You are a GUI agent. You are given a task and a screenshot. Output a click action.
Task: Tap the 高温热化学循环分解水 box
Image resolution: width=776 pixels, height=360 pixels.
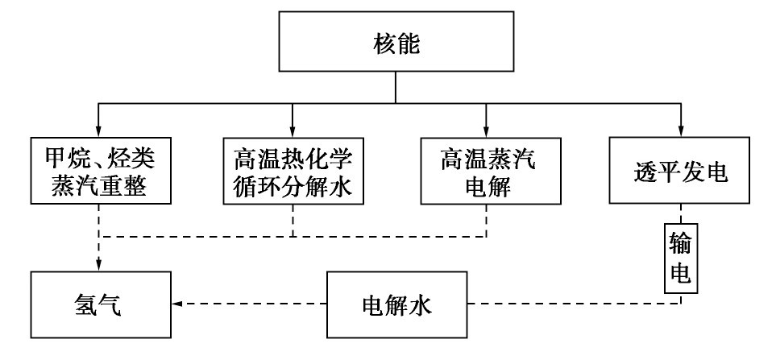tap(293, 171)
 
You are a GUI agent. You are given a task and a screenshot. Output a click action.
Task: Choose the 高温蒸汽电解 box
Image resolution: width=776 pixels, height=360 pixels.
tap(486, 171)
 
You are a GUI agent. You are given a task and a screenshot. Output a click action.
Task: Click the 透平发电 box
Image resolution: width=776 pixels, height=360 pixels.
tap(682, 171)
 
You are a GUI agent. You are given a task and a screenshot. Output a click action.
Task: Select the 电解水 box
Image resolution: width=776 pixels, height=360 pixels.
tap(397, 304)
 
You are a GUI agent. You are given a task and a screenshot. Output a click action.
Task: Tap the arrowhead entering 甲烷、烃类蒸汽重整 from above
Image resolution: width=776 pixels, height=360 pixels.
tap(98, 131)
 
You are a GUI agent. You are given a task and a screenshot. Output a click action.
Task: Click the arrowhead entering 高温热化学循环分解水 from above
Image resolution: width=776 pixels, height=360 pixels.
tap(293, 131)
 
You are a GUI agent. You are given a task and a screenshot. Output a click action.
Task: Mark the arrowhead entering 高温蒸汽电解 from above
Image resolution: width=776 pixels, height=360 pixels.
tap(486, 131)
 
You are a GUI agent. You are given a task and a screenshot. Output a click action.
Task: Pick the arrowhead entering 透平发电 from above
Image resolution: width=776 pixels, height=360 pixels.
tap(682, 131)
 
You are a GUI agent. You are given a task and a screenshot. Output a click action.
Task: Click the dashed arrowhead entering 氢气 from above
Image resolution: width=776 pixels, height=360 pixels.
tap(98, 265)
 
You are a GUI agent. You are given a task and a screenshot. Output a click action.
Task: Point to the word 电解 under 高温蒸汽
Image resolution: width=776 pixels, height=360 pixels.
tap(486, 187)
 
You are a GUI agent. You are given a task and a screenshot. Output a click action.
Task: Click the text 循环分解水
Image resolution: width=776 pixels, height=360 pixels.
tap(293, 187)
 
